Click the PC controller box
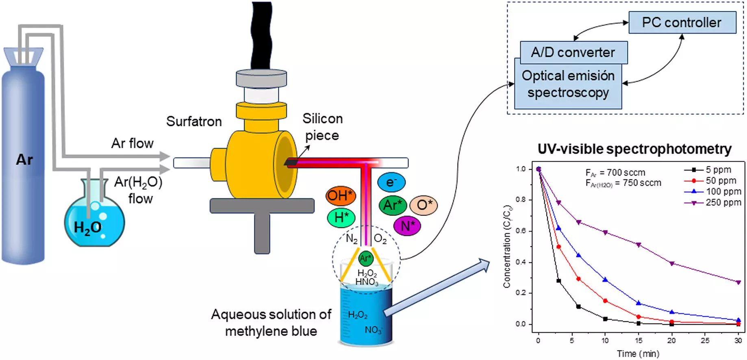[682, 22]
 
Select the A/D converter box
[573, 52]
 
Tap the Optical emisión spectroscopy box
[568, 85]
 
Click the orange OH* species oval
[341, 196]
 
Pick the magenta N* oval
[407, 226]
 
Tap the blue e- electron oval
[391, 182]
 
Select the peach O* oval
[423, 205]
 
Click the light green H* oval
[341, 217]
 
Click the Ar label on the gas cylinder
[24, 160]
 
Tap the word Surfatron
[194, 121]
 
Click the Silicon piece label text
[322, 127]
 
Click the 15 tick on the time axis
[638, 340]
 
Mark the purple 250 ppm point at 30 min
[738, 282]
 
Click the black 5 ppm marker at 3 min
[558, 281]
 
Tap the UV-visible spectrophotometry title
[634, 149]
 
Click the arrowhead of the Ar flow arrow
[165, 156]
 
